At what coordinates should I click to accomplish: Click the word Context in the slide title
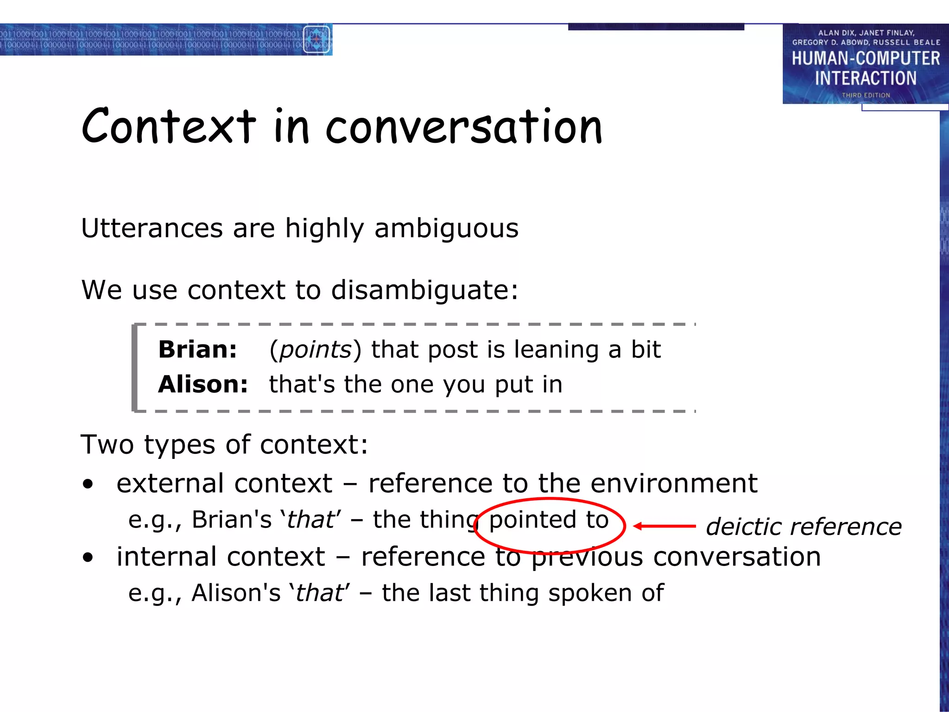169,126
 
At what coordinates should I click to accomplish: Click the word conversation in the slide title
464,127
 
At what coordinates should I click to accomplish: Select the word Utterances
152,228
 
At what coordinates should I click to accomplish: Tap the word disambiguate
424,291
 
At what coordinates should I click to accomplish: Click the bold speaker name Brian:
197,350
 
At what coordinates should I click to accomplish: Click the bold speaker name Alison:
203,385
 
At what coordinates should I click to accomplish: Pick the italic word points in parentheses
316,350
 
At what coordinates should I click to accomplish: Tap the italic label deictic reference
803,527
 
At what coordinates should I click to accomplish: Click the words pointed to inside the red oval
549,520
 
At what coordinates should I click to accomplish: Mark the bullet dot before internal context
88,558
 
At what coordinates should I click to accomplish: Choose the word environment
674,483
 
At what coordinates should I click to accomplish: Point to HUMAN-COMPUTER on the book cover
866,58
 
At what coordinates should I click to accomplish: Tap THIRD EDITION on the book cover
866,95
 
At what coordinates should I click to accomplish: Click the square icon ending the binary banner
317,39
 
